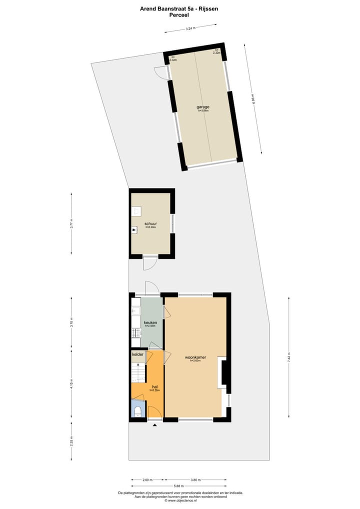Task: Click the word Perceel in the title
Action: [179, 15]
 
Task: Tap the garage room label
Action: [202, 107]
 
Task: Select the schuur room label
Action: [150, 224]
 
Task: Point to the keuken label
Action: [150, 322]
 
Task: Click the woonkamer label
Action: [195, 357]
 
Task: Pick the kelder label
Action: [138, 354]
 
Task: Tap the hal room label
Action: [154, 387]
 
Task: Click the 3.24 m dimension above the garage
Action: [190, 28]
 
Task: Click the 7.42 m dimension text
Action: [289, 358]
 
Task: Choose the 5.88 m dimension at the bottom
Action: [178, 486]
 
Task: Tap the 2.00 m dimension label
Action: [147, 480]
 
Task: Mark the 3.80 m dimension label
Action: [196, 480]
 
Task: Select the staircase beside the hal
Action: [137, 372]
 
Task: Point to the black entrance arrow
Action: [154, 425]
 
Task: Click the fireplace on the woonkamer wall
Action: [224, 372]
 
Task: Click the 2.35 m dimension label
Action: [72, 442]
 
